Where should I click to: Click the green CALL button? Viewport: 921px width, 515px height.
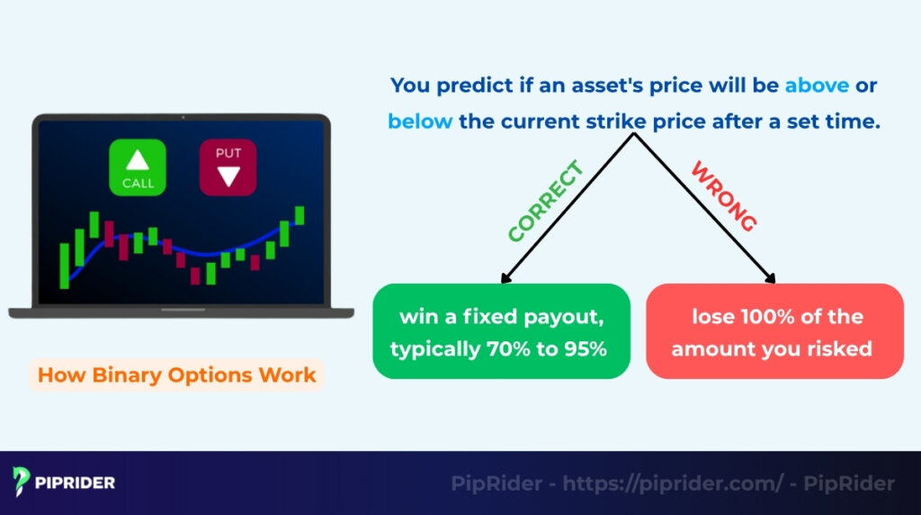(138, 167)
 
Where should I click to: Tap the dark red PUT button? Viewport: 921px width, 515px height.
(228, 167)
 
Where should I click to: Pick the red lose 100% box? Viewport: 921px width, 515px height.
(774, 331)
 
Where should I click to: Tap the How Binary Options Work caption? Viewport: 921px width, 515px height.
(177, 375)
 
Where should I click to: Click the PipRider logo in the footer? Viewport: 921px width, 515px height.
(64, 483)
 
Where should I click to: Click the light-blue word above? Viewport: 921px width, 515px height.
(817, 86)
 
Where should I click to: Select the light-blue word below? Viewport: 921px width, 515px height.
(420, 121)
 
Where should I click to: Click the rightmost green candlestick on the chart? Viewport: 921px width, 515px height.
(300, 215)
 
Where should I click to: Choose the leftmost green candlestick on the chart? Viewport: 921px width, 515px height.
(64, 266)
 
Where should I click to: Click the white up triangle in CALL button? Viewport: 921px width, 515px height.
(138, 160)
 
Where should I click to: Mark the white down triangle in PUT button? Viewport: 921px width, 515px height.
(228, 176)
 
